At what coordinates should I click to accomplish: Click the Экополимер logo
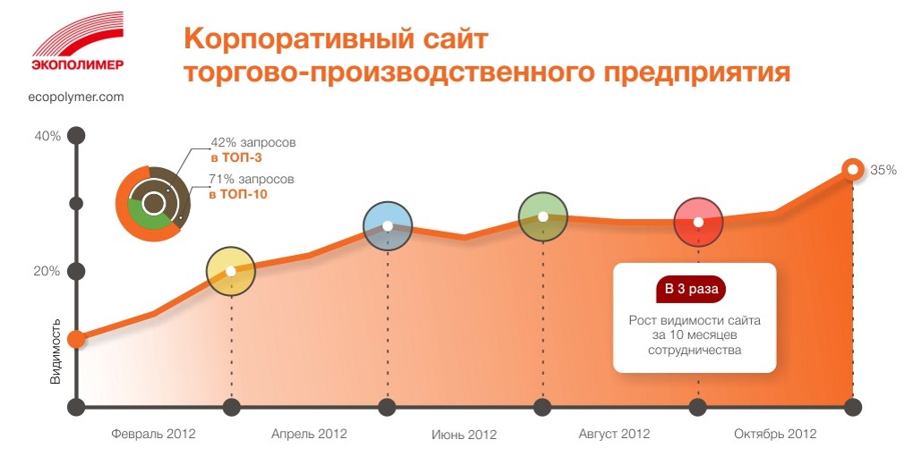(78, 41)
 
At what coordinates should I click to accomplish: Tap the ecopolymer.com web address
(76, 97)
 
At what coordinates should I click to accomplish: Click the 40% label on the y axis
(47, 136)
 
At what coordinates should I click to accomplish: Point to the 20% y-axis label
(47, 271)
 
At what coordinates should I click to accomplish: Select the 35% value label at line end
(883, 171)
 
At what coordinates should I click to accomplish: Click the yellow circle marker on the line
(231, 271)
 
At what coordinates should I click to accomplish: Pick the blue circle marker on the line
(388, 226)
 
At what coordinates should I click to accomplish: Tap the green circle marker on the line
(542, 216)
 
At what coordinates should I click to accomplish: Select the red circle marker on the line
(698, 223)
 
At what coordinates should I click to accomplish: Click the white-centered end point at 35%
(853, 170)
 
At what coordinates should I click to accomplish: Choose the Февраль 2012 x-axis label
(153, 435)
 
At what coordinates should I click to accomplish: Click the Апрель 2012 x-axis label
(309, 435)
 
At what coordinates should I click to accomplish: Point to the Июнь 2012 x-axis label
(464, 435)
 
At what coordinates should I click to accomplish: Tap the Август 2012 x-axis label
(614, 435)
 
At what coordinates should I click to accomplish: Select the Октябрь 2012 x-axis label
(775, 435)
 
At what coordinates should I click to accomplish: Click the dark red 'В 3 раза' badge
(691, 289)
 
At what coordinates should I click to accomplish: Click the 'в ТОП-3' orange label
(236, 157)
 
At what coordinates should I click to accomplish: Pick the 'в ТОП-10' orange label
(238, 194)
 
